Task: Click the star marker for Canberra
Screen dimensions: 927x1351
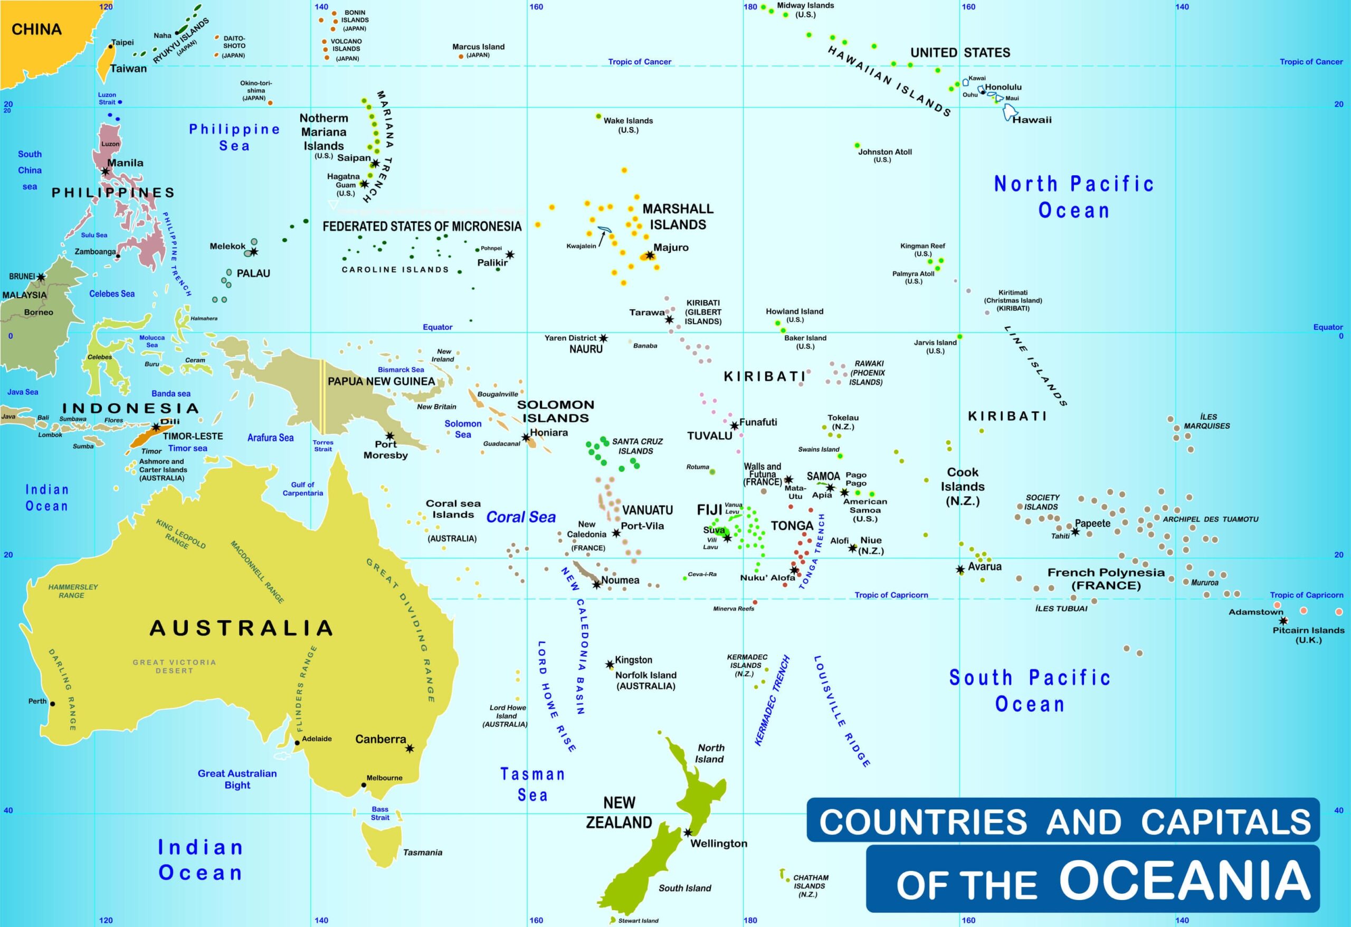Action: pos(410,749)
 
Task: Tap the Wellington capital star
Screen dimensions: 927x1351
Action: pos(688,832)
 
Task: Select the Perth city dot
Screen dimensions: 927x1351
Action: pos(52,704)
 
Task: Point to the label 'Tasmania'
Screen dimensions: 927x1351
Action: pos(423,853)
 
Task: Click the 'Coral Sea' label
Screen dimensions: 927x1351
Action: pos(520,517)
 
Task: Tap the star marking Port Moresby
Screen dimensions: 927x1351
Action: pos(389,436)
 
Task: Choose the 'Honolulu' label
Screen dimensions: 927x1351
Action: pos(1003,87)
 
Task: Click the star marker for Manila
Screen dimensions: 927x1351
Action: pos(105,172)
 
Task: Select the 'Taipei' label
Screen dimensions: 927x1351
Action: pos(122,42)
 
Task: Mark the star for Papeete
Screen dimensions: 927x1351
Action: pos(1076,532)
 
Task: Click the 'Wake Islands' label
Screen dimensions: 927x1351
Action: pos(628,121)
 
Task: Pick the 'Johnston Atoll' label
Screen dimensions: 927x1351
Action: pos(885,152)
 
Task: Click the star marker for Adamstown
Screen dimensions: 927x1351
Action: pos(1283,620)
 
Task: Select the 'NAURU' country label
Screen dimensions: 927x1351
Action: pos(585,349)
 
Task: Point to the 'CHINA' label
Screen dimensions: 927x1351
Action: pos(36,29)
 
